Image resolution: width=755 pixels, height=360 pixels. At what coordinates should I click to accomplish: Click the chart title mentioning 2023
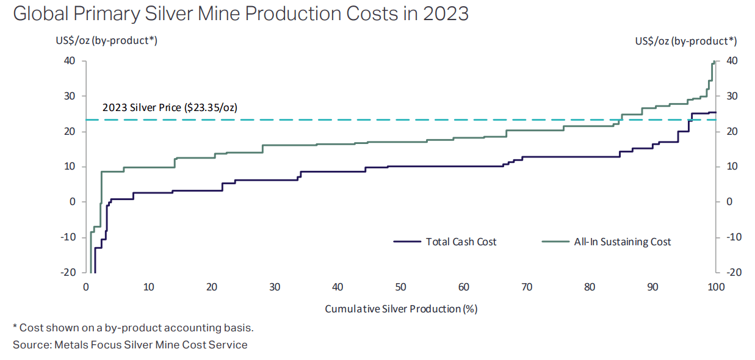(x=240, y=13)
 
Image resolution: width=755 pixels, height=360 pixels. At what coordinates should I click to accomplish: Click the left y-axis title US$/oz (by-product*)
(x=107, y=41)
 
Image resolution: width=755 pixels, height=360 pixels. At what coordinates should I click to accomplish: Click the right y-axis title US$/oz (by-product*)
(x=685, y=41)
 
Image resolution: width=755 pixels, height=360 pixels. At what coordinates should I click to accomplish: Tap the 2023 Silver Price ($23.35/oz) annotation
(x=169, y=107)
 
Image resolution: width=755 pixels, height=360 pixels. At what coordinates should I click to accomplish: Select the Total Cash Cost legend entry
(x=461, y=242)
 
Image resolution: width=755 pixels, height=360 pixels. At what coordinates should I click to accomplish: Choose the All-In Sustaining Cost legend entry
(x=622, y=242)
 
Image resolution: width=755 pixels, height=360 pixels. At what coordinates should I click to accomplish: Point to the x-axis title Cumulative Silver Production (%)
(x=400, y=309)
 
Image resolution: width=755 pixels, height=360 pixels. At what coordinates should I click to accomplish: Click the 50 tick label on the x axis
(x=400, y=287)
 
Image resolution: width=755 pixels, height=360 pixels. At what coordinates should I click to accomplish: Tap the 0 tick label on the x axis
(x=86, y=287)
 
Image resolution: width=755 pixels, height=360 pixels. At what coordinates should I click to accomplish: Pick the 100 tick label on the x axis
(x=715, y=287)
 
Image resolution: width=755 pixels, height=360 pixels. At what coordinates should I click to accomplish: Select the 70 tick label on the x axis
(x=527, y=287)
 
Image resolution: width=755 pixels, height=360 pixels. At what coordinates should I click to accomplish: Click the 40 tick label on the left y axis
(x=68, y=60)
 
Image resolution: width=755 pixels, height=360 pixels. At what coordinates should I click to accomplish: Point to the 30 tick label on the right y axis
(x=732, y=96)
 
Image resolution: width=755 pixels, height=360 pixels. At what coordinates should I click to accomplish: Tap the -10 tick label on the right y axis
(x=734, y=237)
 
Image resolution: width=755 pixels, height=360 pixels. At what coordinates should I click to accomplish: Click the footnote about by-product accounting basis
(x=132, y=328)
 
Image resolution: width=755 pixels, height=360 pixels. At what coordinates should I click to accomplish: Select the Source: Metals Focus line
(x=130, y=345)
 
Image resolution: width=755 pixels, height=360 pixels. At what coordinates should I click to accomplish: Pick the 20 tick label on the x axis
(x=212, y=287)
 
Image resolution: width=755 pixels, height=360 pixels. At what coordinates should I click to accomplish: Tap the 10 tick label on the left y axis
(x=68, y=167)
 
